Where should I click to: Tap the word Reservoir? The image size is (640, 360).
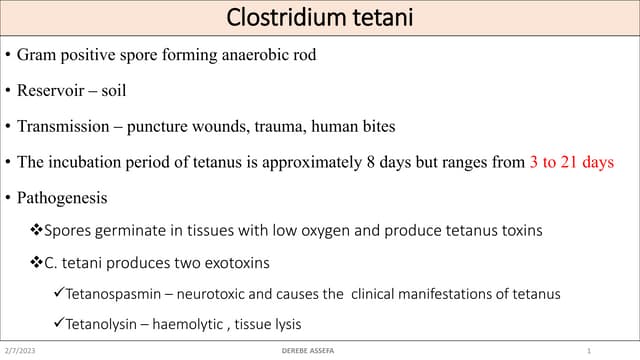tap(51, 90)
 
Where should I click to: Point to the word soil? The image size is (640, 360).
tap(113, 90)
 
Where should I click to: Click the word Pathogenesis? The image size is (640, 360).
tap(60, 198)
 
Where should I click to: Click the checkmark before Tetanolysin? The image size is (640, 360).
tap(59, 324)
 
